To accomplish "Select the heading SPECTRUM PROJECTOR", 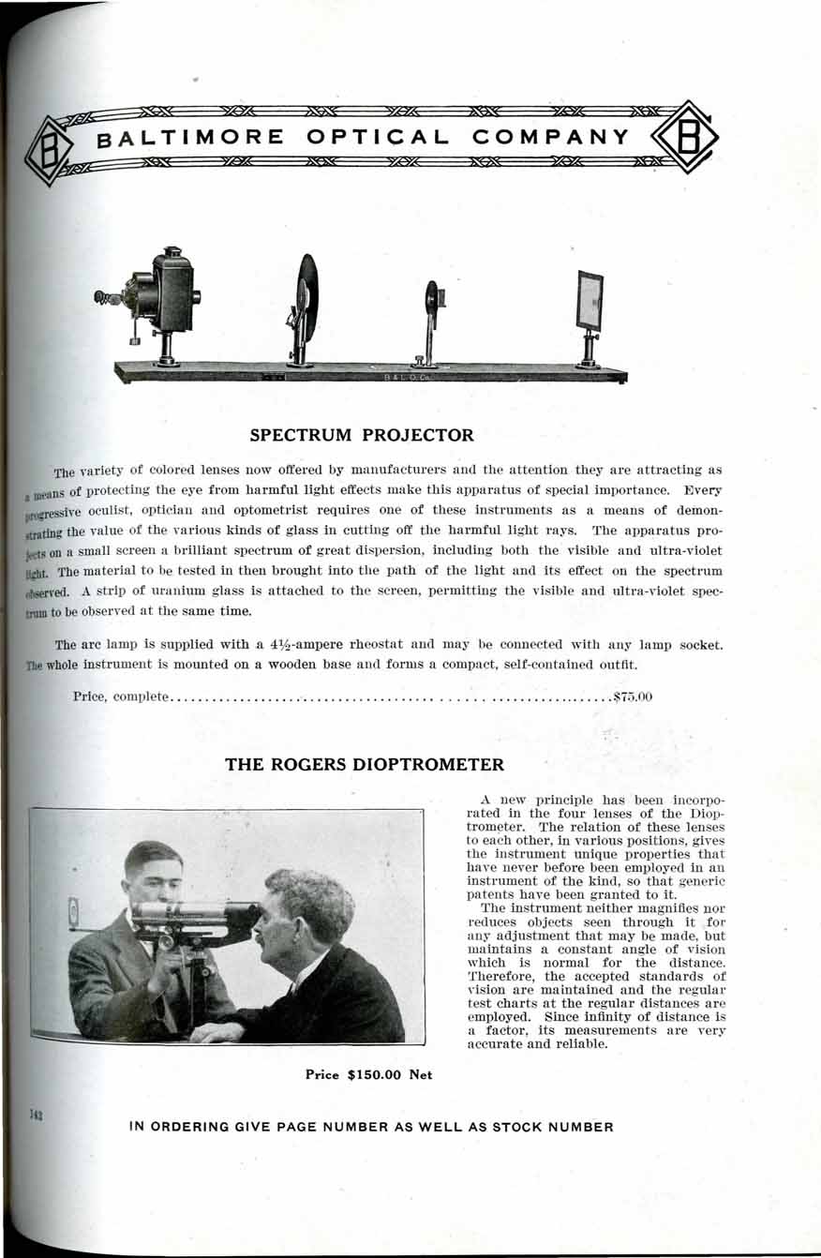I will [362, 435].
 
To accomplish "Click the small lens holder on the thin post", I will [433, 297].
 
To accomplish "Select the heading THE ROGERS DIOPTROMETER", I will [365, 764].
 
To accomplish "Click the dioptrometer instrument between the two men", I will [192, 915].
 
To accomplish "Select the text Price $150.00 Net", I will [369, 1074].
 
